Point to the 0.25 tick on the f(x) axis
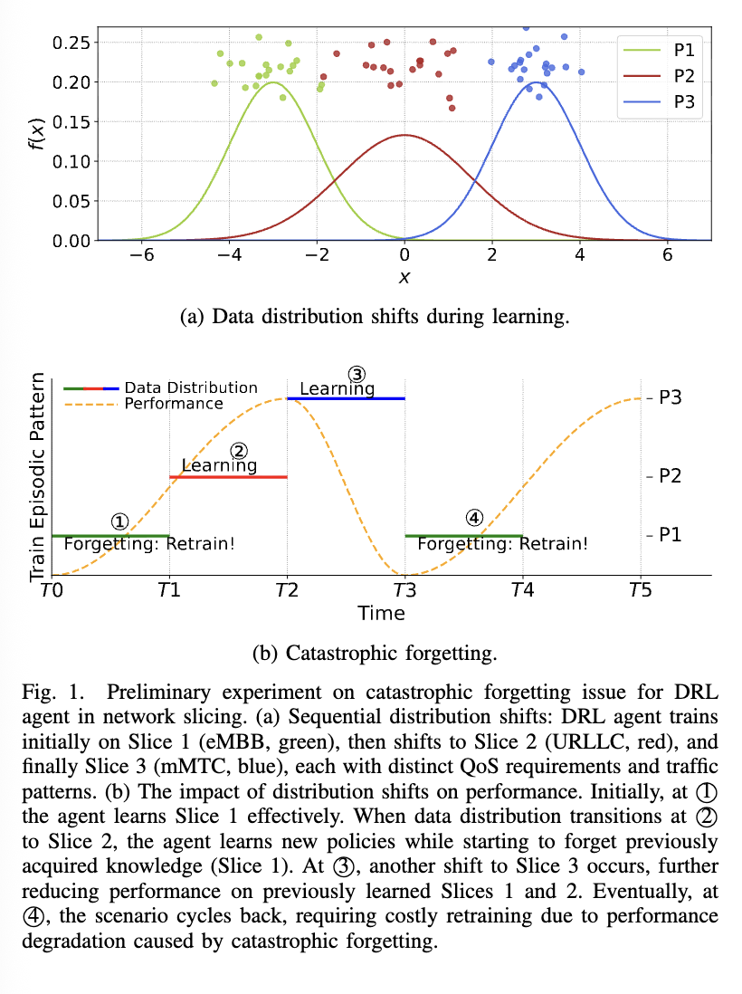tap(71, 43)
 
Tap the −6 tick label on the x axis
tap(141, 255)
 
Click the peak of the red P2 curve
tap(404, 136)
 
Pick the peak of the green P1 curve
tap(272, 83)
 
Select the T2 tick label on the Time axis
tap(287, 590)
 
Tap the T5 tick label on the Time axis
tap(641, 590)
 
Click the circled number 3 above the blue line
tap(357, 374)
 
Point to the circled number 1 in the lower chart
tap(119, 521)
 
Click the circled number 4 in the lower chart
tap(473, 518)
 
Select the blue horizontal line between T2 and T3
tap(346, 398)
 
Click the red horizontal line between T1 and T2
tap(228, 477)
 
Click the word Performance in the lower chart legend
tap(174, 404)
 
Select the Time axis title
tap(381, 613)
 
